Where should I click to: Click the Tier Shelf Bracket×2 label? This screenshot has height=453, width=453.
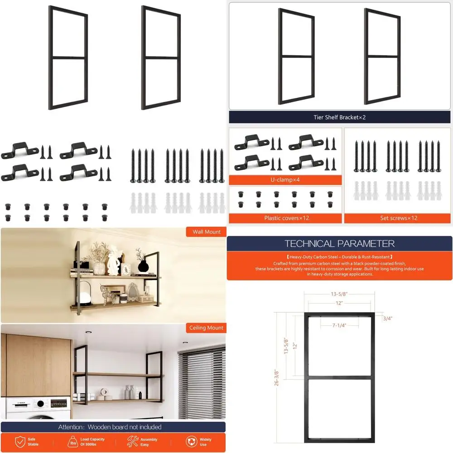point(339,117)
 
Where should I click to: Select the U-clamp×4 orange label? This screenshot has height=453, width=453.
point(285,180)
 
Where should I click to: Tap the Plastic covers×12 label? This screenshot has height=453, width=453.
point(286,218)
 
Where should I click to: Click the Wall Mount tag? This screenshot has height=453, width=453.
point(206,232)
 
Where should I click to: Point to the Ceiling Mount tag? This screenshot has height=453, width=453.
point(206,328)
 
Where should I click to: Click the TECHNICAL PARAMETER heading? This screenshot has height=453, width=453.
point(339,244)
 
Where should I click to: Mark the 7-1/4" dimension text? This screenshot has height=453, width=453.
point(339,325)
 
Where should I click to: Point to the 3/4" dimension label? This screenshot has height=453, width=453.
point(387,318)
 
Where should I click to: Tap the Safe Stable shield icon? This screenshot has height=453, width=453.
point(20,442)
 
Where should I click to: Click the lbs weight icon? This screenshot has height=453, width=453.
point(72,442)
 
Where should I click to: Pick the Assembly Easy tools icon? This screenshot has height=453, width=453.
point(132,442)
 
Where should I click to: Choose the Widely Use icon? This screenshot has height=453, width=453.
point(191,442)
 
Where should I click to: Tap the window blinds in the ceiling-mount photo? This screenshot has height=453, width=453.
point(202,381)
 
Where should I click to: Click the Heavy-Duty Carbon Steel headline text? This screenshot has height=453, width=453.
point(339,257)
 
